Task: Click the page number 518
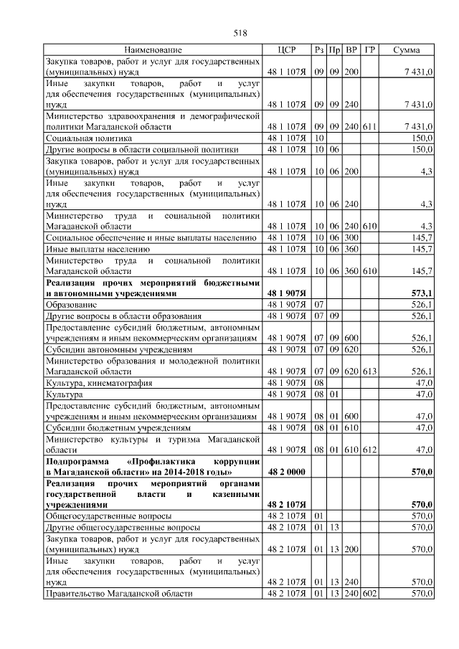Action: (x=240, y=32)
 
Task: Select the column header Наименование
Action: (x=153, y=50)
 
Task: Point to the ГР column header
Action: (x=369, y=50)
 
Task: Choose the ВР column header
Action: (x=351, y=50)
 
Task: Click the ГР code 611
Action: (x=369, y=126)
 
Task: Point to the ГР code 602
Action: (x=369, y=594)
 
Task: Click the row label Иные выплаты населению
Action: (x=98, y=249)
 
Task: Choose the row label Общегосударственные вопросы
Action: (x=108, y=516)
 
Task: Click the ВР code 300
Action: (x=351, y=237)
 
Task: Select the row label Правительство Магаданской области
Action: (x=119, y=594)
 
